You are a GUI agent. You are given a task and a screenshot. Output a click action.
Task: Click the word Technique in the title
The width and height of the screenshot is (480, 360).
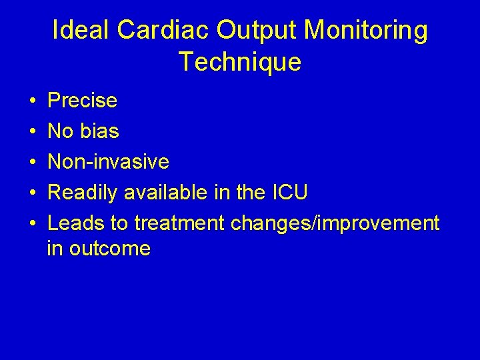pos(240,62)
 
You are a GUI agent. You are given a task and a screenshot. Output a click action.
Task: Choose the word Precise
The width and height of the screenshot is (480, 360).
pos(83,101)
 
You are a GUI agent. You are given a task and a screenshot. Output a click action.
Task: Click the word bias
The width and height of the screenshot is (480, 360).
pos(99,131)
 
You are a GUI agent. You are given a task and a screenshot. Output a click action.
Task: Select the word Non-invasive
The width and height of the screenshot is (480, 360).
pos(109,162)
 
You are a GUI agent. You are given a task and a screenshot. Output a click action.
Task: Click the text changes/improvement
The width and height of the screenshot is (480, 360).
pos(335,223)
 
